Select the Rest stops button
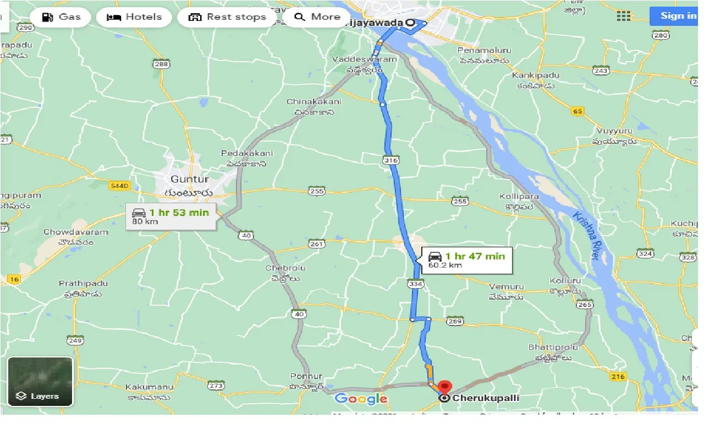(227, 17)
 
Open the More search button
(318, 17)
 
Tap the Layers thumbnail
(40, 381)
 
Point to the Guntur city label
(189, 179)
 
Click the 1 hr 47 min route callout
(467, 260)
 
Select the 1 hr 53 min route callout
(171, 216)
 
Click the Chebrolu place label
(285, 268)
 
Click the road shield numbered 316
(391, 160)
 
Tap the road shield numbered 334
(416, 283)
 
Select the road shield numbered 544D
(119, 186)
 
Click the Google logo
(361, 399)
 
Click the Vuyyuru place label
(614, 131)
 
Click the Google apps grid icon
(624, 16)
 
